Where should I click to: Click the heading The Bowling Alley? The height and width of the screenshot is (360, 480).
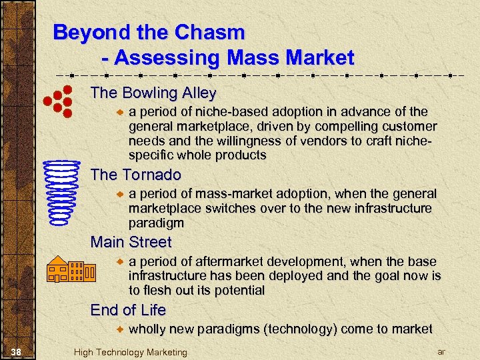point(153,92)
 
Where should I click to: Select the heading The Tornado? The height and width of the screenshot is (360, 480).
point(135,175)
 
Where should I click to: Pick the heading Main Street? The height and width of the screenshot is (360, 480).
point(131,242)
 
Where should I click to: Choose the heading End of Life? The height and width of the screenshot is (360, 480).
point(128,310)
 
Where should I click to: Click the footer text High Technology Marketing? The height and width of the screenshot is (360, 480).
point(131,352)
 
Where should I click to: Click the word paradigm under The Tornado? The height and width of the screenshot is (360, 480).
point(157,223)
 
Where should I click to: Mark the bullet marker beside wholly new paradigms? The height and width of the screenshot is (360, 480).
point(120,329)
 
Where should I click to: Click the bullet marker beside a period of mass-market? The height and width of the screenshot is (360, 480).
point(120,193)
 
